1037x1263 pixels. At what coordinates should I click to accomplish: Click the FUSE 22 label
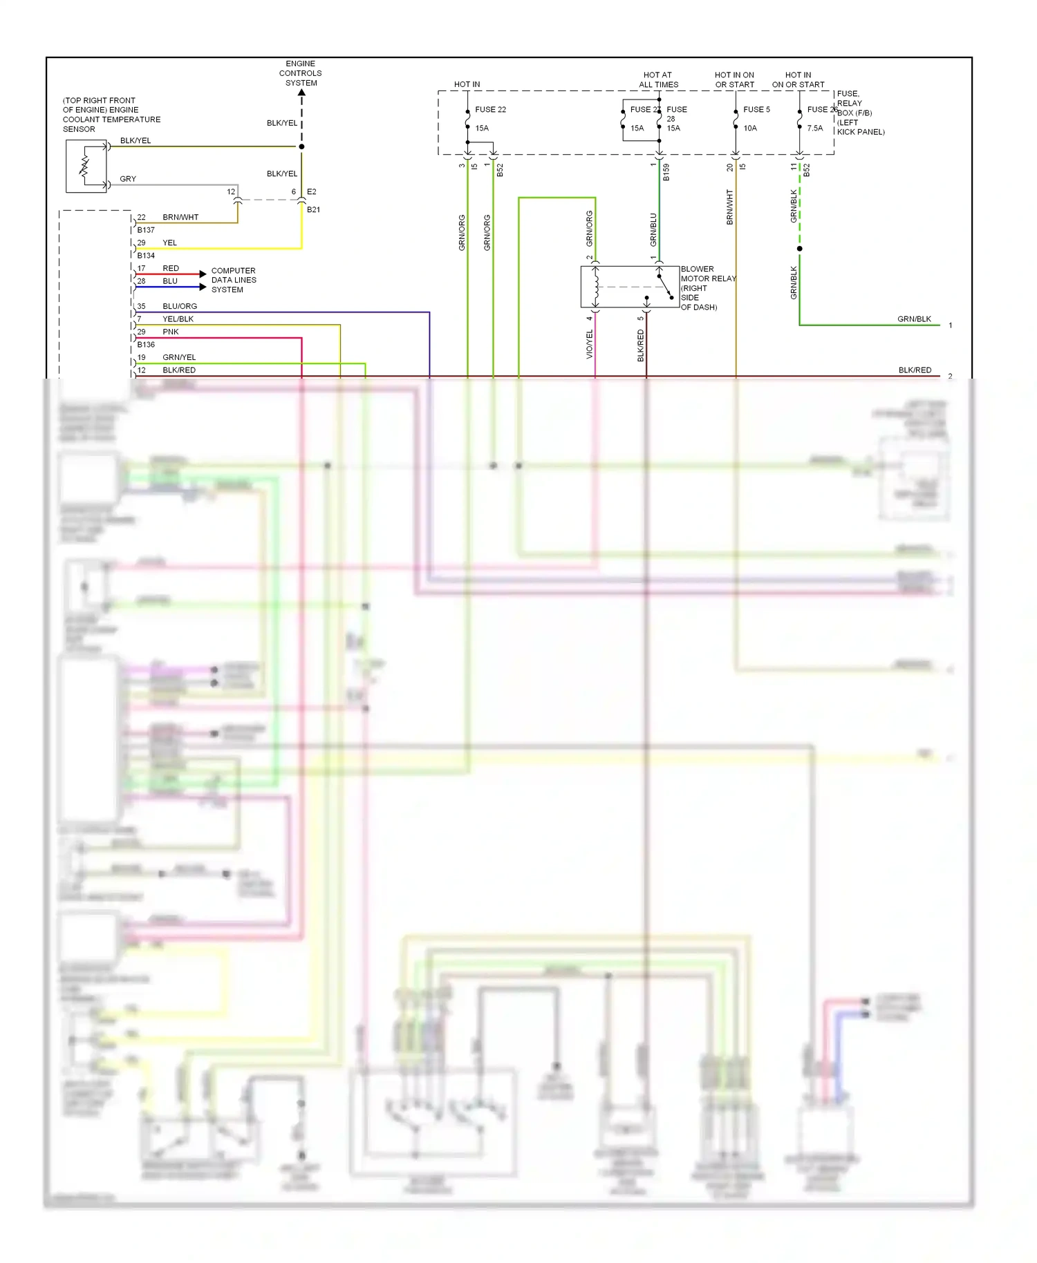tap(490, 109)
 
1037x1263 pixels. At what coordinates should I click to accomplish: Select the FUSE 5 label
tap(756, 109)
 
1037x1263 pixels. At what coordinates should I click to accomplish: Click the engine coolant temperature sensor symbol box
tap(86, 166)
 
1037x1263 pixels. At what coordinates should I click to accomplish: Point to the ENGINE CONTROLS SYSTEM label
tap(301, 73)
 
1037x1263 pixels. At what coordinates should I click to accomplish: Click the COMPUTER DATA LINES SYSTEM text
tap(234, 280)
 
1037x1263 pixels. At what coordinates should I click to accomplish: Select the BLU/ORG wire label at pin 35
tap(180, 306)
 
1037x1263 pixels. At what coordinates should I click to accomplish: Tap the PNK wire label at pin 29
tap(171, 332)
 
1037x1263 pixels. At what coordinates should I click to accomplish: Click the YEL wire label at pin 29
tap(170, 243)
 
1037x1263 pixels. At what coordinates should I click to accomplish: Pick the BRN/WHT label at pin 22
tap(180, 217)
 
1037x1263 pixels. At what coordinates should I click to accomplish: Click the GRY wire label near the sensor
tap(128, 179)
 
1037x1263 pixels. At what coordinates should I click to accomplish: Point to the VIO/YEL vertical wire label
tap(590, 343)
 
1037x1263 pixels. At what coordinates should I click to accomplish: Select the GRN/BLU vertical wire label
tap(653, 229)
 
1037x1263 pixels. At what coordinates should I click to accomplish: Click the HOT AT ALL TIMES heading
tap(658, 79)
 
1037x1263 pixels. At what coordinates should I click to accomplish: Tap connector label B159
tap(666, 172)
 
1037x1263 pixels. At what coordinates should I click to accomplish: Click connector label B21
tap(313, 209)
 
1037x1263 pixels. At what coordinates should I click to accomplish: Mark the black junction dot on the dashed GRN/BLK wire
tap(800, 248)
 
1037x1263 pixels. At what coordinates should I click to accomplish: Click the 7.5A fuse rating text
tap(815, 128)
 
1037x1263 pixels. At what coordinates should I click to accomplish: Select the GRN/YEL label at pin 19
tap(179, 357)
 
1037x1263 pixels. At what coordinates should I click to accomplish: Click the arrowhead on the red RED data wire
tap(203, 274)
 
